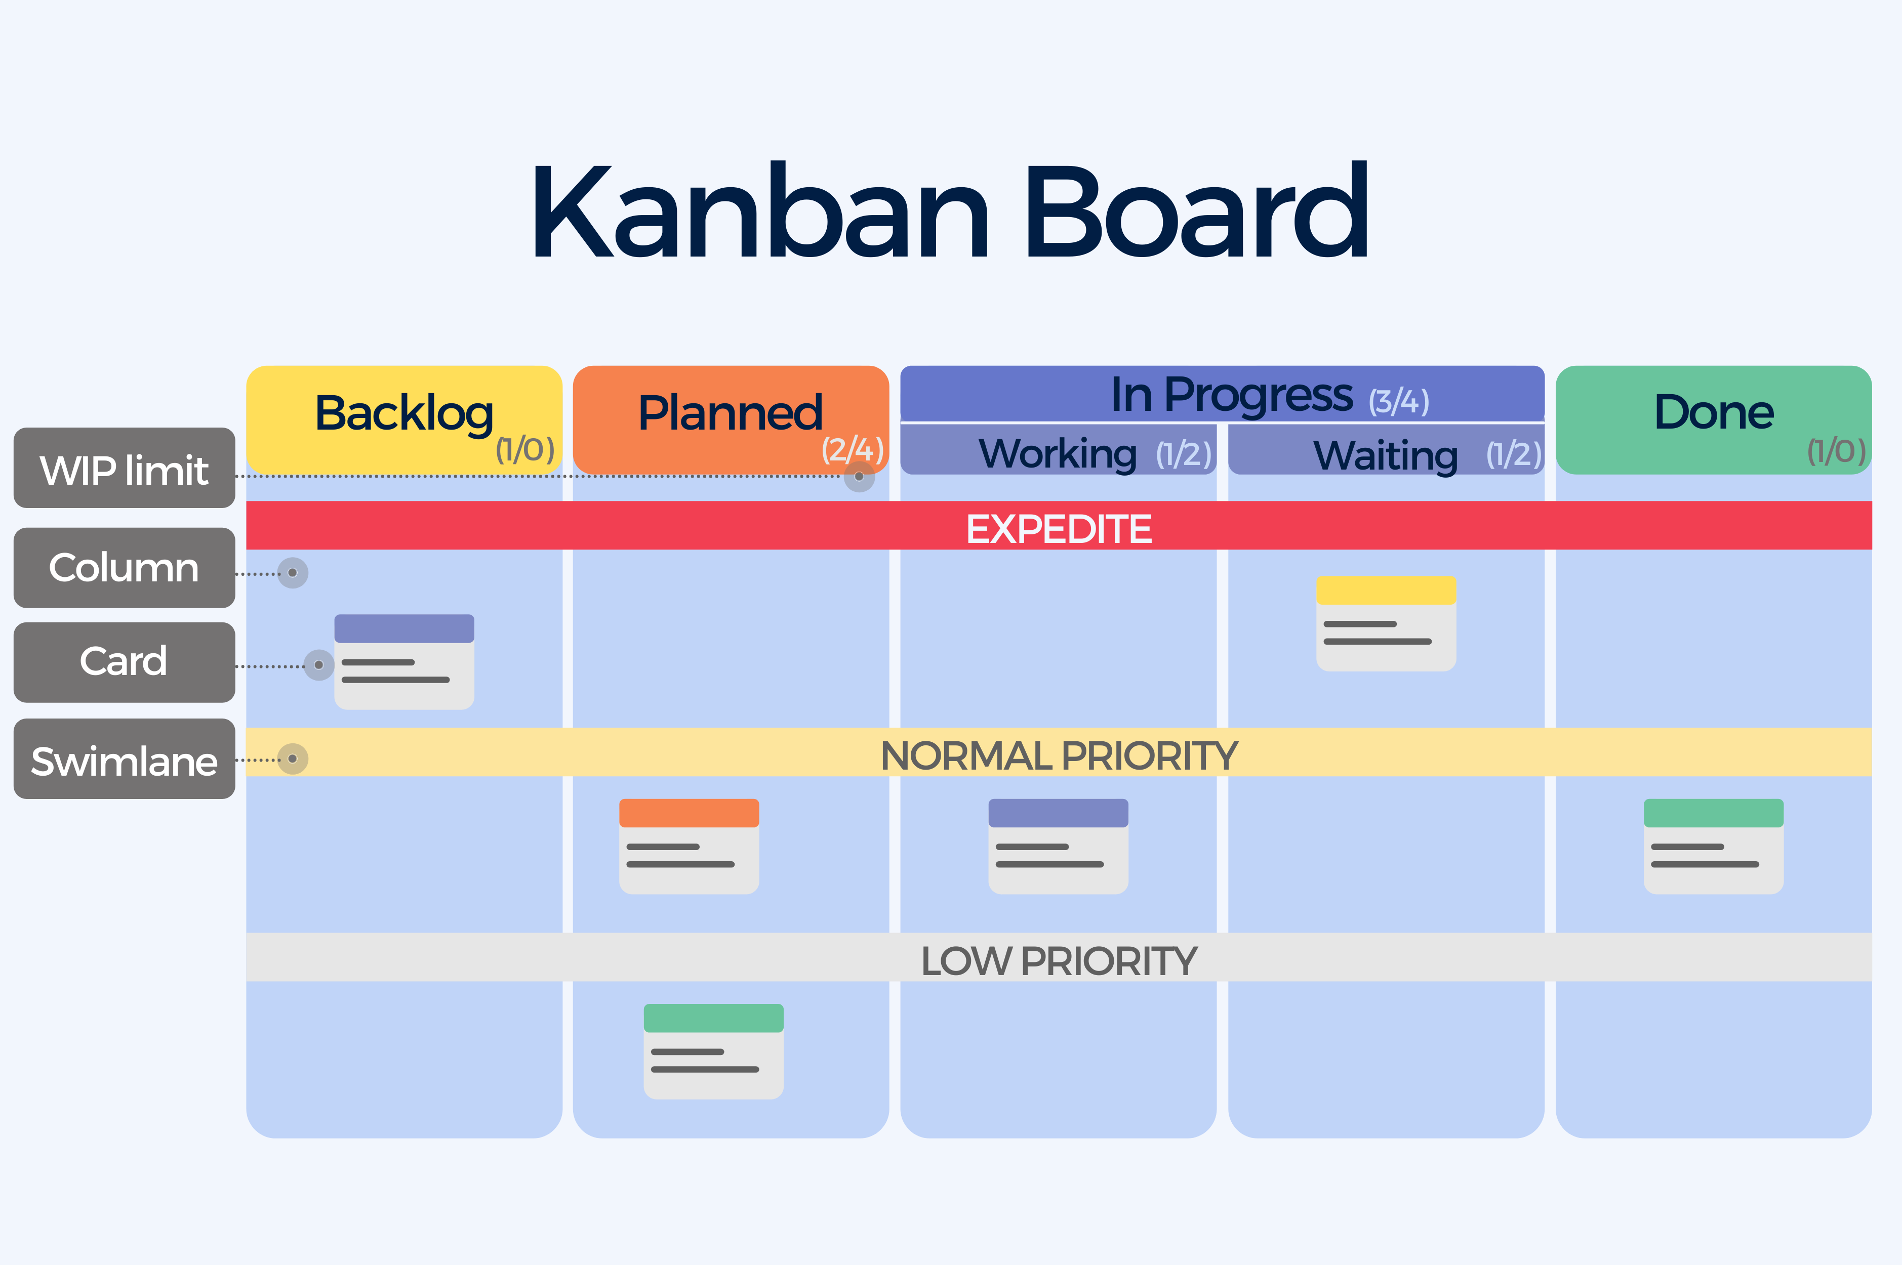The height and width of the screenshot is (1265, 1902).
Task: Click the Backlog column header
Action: pyautogui.click(x=403, y=419)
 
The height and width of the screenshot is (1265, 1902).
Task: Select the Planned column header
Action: pyautogui.click(x=731, y=419)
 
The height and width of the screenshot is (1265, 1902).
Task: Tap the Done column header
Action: pyautogui.click(x=1713, y=419)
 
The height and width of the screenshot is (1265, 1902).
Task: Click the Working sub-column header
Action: pyautogui.click(x=1058, y=449)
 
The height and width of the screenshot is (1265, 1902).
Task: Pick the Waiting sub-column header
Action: pyautogui.click(x=1386, y=449)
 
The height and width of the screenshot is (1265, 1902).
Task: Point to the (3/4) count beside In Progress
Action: pyautogui.click(x=1398, y=401)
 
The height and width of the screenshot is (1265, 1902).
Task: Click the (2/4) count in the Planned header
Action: pyautogui.click(x=852, y=449)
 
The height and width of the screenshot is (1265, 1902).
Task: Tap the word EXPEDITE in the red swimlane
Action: pyautogui.click(x=1059, y=529)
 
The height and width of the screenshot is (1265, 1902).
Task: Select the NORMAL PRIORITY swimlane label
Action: pyautogui.click(x=1059, y=756)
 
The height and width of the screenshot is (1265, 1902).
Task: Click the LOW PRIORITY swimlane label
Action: pyautogui.click(x=1059, y=961)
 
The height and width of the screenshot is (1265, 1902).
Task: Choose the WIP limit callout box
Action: pyautogui.click(x=124, y=468)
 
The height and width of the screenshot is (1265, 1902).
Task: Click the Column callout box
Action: pyautogui.click(x=124, y=568)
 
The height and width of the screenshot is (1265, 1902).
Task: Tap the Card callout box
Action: pyautogui.click(x=124, y=662)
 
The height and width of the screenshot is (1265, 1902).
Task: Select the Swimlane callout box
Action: pyautogui.click(x=124, y=759)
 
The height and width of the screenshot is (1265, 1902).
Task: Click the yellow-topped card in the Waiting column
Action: pyautogui.click(x=1386, y=623)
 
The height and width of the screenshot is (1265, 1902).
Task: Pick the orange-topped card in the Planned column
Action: pyautogui.click(x=689, y=847)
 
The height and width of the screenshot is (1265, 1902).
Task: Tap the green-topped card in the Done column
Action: pyautogui.click(x=1713, y=847)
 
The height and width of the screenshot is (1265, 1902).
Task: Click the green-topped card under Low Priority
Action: pyautogui.click(x=713, y=1051)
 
